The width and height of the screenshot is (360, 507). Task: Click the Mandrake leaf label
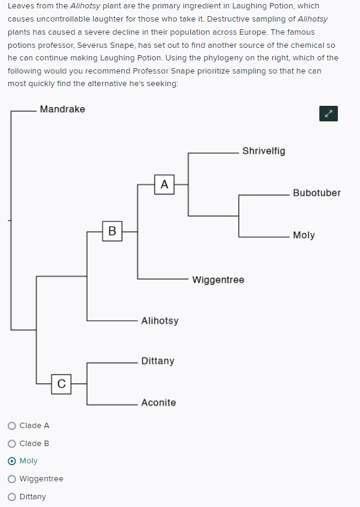coord(62,109)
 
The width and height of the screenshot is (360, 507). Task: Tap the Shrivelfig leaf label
coord(264,151)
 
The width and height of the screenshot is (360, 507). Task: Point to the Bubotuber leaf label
coord(317,193)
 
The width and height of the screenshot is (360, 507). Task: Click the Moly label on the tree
coord(304,235)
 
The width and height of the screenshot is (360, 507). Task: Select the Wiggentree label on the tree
coord(218,280)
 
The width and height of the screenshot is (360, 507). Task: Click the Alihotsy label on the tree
coord(160,321)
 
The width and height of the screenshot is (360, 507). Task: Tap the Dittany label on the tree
coord(158,361)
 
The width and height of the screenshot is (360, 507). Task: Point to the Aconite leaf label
coord(158,402)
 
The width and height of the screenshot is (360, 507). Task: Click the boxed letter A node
coord(164,184)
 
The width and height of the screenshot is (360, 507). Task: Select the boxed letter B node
coord(112,231)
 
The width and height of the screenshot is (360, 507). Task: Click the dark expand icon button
coord(328,114)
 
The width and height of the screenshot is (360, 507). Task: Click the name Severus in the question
coord(94,45)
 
